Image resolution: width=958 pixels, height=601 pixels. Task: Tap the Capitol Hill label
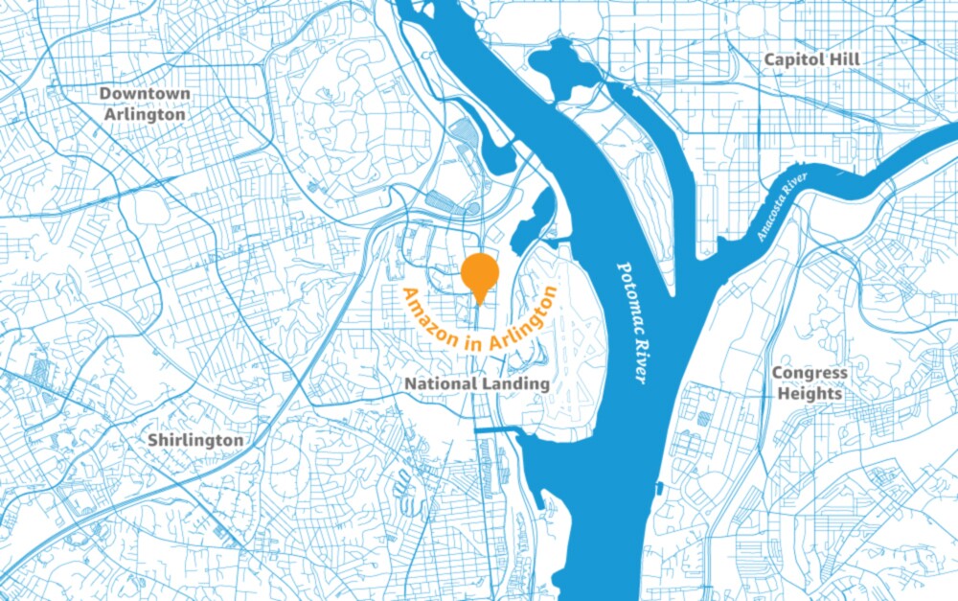point(811,59)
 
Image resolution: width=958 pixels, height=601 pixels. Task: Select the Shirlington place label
point(195,440)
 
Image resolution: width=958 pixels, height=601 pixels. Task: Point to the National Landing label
point(477,383)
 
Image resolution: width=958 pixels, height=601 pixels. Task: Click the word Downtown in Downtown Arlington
point(145,94)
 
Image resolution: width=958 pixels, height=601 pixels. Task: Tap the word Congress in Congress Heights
point(810,373)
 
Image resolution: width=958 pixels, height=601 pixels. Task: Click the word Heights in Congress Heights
point(810,393)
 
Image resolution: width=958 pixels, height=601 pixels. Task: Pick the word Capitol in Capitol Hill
point(794,59)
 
